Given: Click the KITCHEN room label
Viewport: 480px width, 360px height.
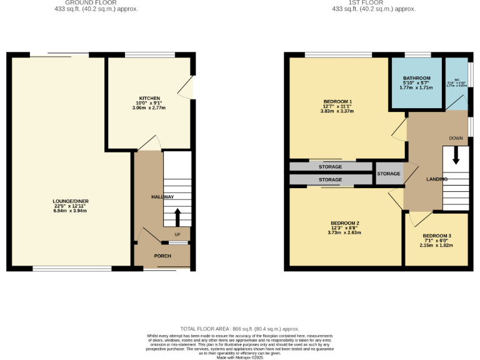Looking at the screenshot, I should click(x=149, y=98).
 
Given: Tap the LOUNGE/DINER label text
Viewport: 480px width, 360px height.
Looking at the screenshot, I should click(x=69, y=201).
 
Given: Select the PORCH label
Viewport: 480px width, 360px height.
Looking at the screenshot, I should click(x=162, y=256).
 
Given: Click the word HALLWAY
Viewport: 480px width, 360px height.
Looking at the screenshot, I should click(x=162, y=197).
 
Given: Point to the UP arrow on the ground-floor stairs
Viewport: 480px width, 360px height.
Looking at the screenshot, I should click(x=177, y=217).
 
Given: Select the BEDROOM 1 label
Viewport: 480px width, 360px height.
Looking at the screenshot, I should click(x=337, y=101).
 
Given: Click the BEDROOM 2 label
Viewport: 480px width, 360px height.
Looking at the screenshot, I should click(x=344, y=223).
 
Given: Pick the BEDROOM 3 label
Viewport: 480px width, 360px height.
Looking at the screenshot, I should click(x=436, y=236).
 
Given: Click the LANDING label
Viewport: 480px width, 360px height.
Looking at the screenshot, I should click(x=437, y=180).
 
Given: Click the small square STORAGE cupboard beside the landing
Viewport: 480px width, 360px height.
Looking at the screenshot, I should click(x=389, y=174).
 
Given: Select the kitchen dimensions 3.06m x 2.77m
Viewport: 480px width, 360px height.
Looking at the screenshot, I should click(x=149, y=108).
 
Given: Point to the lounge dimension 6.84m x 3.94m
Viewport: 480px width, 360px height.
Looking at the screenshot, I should click(x=69, y=211).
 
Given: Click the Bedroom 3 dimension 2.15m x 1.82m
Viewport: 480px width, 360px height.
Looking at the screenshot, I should click(x=436, y=245).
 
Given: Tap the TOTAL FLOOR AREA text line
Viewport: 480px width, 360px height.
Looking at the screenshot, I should click(x=240, y=329).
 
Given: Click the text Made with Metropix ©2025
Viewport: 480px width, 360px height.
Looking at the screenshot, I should click(x=240, y=357).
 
